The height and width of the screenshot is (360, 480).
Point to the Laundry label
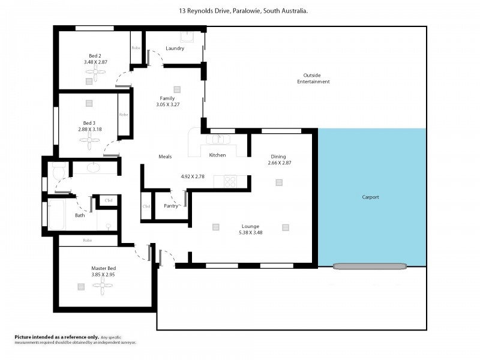click(175, 48)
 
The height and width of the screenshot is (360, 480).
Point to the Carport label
click(370, 197)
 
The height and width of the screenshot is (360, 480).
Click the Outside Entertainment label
click(313, 78)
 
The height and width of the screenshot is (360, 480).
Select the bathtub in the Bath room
click(56, 214)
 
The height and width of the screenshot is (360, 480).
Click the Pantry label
click(171, 206)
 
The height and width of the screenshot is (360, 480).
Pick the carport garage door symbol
click(370, 266)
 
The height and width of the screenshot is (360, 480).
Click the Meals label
click(165, 157)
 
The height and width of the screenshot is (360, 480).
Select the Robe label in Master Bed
click(88, 240)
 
